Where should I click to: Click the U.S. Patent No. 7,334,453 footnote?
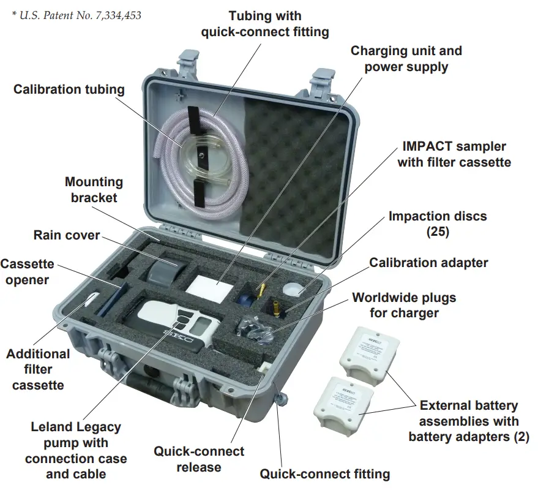pos(76,15)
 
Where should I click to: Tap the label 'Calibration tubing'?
pos(69,89)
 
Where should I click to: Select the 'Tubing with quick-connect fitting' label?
pos(265,23)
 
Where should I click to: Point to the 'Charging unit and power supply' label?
pos(406,59)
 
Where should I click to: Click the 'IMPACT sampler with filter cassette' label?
pos(454,154)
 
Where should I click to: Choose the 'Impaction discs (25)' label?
pos(438,224)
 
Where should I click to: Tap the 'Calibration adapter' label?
pos(428,263)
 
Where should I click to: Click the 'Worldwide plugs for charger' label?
pos(404,306)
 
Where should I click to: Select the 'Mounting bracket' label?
pos(94,189)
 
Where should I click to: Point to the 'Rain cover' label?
pos(67,235)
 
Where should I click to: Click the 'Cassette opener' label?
pos(28,272)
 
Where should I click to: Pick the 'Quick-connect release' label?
pos(198,459)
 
